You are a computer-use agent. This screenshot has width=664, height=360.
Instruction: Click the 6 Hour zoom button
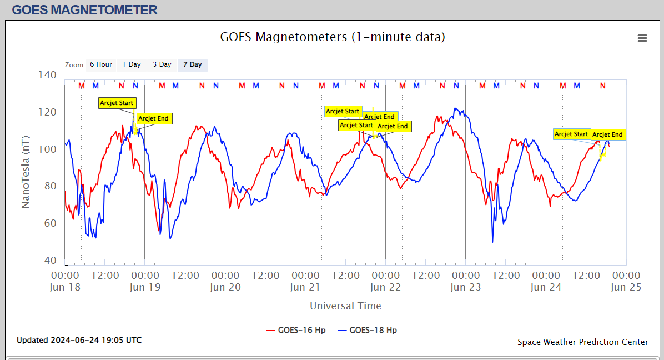tap(100, 65)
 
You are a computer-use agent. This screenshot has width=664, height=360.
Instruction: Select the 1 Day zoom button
tap(132, 65)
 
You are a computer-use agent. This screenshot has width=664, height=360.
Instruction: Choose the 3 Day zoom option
tap(162, 65)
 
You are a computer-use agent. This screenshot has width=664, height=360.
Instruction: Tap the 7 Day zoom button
tap(192, 65)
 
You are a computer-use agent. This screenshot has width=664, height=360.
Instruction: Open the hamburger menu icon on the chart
tap(642, 38)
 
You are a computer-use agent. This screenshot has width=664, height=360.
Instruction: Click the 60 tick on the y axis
tap(51, 224)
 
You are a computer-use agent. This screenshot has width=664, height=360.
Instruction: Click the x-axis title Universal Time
tap(345, 306)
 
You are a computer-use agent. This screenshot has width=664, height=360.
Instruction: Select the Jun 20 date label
tap(225, 287)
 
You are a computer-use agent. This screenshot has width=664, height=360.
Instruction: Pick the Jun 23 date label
tap(465, 287)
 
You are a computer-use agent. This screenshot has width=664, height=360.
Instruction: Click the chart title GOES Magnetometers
tap(333, 37)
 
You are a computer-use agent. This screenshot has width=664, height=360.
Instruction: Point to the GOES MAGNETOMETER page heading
tap(84, 9)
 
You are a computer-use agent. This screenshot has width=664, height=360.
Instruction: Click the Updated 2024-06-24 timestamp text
tap(79, 340)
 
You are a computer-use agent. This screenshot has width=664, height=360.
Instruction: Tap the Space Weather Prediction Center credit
tap(582, 342)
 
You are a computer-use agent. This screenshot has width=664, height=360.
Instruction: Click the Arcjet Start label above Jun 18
tap(117, 103)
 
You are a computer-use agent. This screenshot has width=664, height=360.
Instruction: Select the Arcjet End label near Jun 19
tap(154, 118)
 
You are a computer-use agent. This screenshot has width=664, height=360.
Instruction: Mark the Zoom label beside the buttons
tap(74, 65)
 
